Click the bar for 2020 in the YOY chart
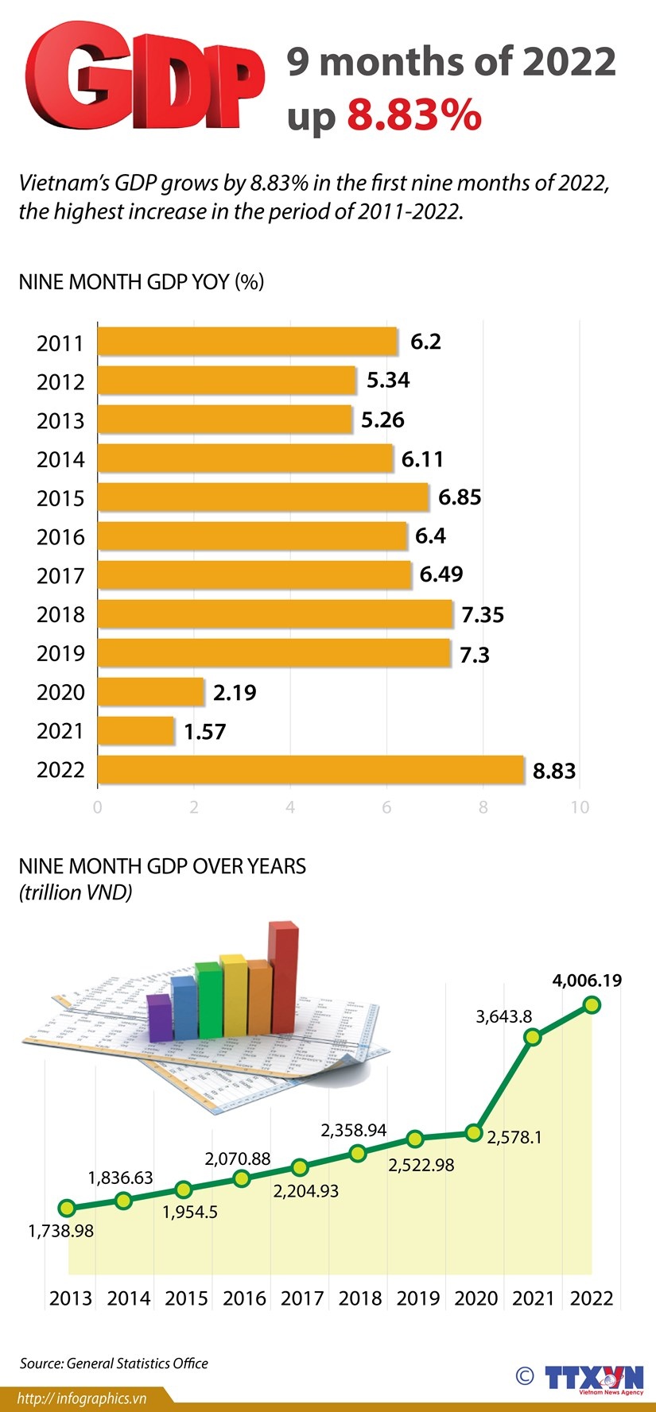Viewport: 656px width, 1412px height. tap(151, 692)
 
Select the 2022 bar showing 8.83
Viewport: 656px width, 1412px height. tap(310, 770)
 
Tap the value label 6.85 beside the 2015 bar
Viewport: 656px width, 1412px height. tap(460, 497)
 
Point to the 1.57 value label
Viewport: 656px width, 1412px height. tap(205, 731)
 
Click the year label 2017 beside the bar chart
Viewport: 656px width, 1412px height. tap(60, 576)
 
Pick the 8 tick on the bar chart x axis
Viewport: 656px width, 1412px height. tap(483, 807)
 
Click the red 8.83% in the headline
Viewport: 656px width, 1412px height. tap(414, 115)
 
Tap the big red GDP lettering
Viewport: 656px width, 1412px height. tap(146, 78)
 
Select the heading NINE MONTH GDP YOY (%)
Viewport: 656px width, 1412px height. tap(141, 281)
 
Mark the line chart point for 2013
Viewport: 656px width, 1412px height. tap(67, 1209)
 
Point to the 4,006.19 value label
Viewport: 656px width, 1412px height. tap(587, 981)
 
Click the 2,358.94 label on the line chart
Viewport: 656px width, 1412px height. tap(354, 1130)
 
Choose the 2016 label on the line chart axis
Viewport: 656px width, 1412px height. tap(244, 1298)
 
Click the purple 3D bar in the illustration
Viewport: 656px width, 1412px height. tap(160, 1016)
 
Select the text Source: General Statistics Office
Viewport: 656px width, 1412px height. tap(114, 1364)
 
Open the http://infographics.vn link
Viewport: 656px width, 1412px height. tap(82, 1399)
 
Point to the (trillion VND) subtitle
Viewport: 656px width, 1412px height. tap(76, 892)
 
